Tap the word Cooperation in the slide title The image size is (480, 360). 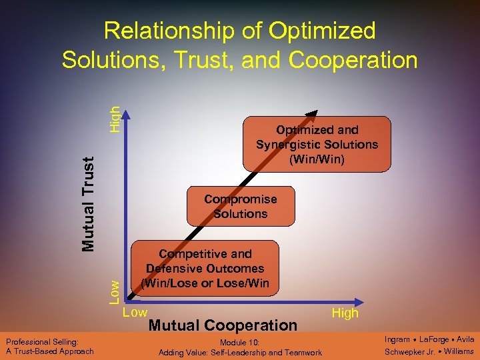pos(353,60)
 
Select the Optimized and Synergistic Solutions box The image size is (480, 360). pos(317,145)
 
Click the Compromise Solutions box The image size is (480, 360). pos(240,207)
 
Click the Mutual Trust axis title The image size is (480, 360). pos(89,200)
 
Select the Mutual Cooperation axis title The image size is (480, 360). pos(223,325)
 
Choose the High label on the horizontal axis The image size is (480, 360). pos(345,313)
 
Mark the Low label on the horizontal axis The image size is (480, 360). pos(136,311)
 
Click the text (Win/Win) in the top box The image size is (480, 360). pos(317,159)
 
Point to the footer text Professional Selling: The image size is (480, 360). pos(43,341)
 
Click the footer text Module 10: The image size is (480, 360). pos(240,342)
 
